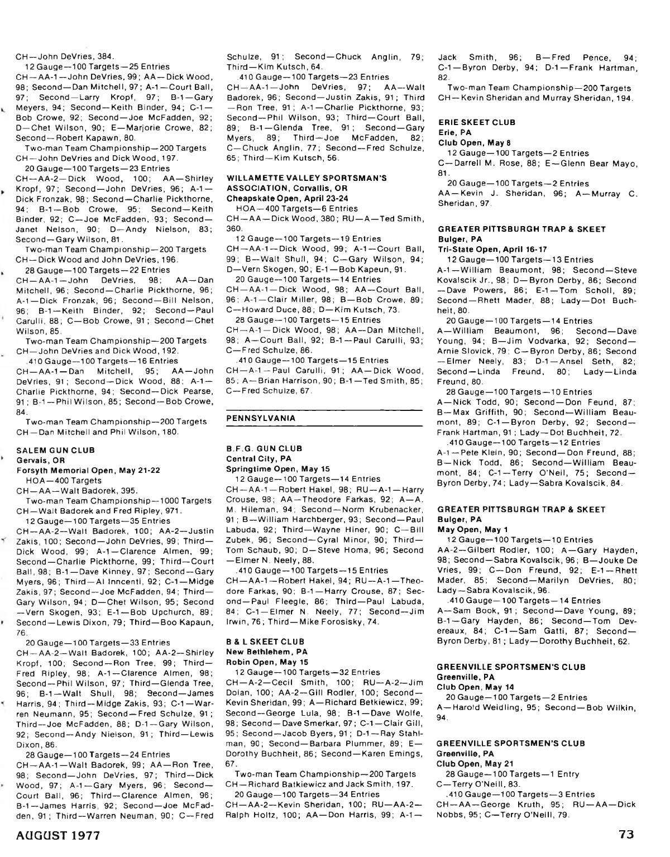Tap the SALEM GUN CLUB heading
[56, 450]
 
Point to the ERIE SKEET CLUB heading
[476, 122]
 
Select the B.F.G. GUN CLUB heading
[264, 448]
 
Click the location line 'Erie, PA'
[455, 132]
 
